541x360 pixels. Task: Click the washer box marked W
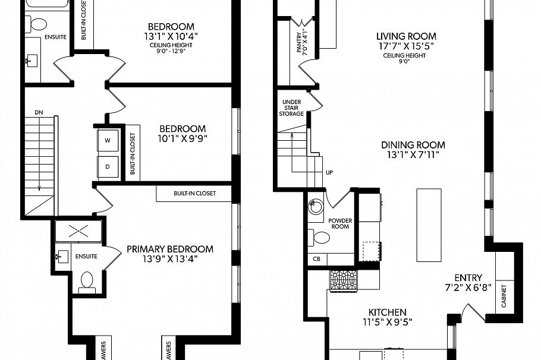(108, 141)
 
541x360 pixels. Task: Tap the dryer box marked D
(108, 166)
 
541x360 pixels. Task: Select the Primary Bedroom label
(170, 249)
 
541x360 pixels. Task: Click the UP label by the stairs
(329, 173)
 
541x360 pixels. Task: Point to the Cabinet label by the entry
(504, 296)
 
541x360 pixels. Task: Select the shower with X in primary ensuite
(78, 232)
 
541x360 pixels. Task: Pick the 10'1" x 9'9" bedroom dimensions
(183, 139)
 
